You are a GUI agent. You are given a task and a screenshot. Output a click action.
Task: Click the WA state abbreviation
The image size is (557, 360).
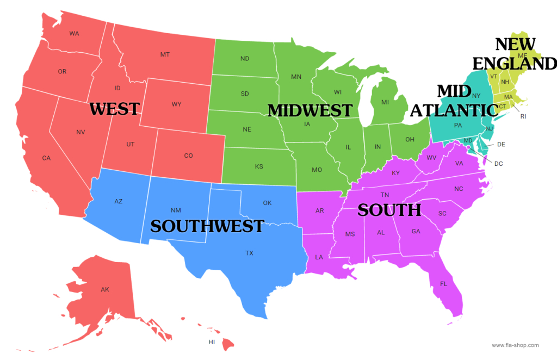coord(75,34)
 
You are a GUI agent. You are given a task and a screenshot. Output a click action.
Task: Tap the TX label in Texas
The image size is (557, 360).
coord(249,253)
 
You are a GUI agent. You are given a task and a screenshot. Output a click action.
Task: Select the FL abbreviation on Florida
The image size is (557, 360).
coord(443,284)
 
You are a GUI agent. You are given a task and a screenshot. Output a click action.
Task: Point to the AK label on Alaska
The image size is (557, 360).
coord(105,289)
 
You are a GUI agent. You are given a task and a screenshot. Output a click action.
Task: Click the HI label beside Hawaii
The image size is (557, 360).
coord(212,342)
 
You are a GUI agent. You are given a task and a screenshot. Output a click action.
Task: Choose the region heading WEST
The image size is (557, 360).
coord(114,109)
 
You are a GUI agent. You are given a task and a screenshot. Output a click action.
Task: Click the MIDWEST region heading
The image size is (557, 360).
coord(310,110)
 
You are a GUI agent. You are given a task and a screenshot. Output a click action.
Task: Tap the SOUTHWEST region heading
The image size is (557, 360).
coord(207,226)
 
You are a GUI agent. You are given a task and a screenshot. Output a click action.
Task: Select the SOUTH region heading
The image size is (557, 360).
coord(389,210)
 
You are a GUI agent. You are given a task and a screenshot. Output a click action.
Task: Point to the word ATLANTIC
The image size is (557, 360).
coord(454,110)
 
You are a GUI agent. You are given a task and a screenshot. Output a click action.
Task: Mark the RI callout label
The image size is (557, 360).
coord(523,116)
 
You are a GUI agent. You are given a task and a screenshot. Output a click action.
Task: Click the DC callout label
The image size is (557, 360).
coord(499,163)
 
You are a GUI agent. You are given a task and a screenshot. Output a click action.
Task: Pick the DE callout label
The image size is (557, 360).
coord(501,144)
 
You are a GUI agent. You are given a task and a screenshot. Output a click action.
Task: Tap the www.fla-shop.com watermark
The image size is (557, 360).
coord(515,345)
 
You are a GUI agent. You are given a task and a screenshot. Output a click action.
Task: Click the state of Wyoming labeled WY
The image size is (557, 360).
coord(176,104)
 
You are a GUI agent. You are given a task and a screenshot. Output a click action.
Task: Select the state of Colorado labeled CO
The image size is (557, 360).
coord(188,156)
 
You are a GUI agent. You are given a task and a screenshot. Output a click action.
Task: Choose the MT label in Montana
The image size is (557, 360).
coord(165,54)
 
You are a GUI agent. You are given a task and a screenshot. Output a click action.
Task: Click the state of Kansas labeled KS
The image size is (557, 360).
coord(259,166)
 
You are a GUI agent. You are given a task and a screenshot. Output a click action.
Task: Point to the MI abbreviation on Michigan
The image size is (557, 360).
coord(385,102)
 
